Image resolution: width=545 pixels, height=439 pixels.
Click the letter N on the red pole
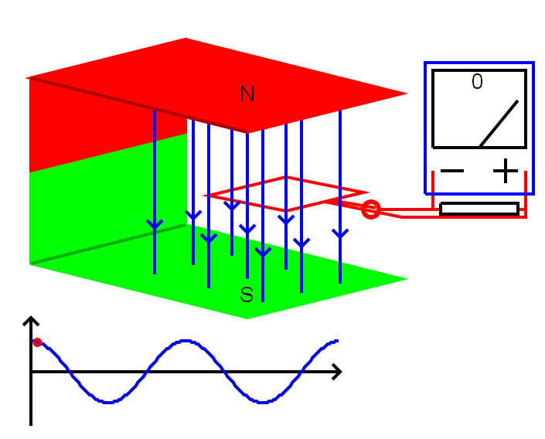coord(247,94)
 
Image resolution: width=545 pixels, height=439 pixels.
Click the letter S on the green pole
coord(247,294)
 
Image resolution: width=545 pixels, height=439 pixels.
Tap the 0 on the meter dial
coord(477,82)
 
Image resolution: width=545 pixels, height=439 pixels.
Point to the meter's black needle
coord(499,124)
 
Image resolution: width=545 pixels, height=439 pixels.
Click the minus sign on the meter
coord(452,171)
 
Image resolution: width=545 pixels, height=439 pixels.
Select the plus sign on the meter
coord(505,171)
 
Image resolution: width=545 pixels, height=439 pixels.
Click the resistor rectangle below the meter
coord(479,209)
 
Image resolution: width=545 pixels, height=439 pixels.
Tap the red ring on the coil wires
coord(371,209)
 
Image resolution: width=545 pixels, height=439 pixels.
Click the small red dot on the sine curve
coord(37,342)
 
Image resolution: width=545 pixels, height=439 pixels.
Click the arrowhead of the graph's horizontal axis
coord(336,373)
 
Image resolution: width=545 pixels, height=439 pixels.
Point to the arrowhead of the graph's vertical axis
coord(31,322)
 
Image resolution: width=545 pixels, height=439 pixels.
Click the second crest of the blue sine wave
coord(186,341)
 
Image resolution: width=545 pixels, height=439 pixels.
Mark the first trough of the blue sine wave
coord(108,402)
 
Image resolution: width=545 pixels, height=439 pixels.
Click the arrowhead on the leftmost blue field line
coord(155,225)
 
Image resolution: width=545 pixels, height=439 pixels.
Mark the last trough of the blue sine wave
coord(263,402)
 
